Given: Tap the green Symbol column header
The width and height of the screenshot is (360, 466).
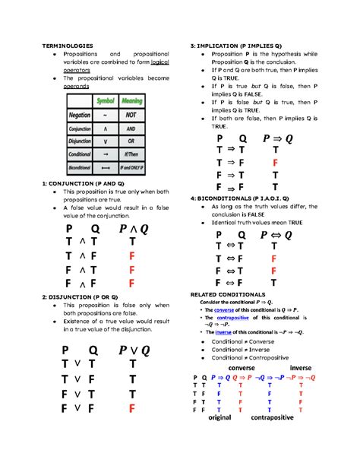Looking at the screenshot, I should coord(106,101).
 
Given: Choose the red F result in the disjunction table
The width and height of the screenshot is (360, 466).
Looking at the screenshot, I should coord(132,409).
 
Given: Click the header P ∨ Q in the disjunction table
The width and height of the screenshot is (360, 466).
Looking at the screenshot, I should coord(134,350).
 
